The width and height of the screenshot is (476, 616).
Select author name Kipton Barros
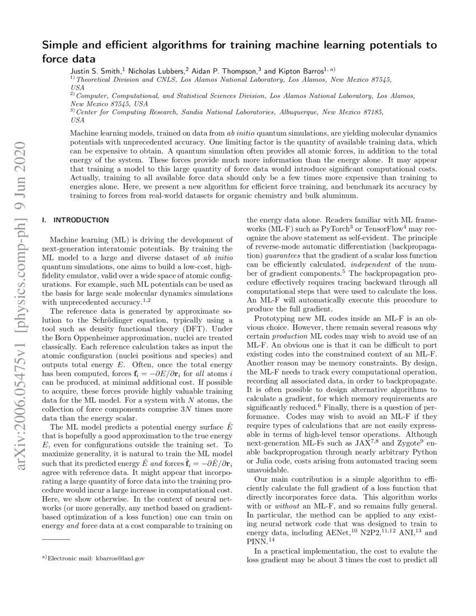coord(303,72)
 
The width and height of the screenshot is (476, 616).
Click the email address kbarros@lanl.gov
coord(120,558)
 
